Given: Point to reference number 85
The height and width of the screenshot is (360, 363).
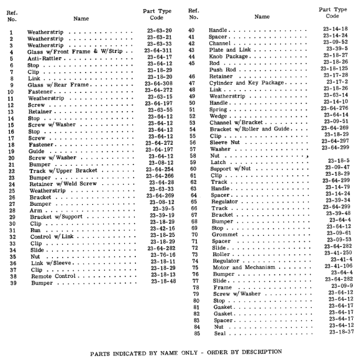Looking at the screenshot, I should pos(197,334).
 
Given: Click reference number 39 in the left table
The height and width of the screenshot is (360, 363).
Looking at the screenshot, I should pos(13,283).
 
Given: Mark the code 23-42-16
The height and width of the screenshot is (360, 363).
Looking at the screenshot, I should pos(163,228).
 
